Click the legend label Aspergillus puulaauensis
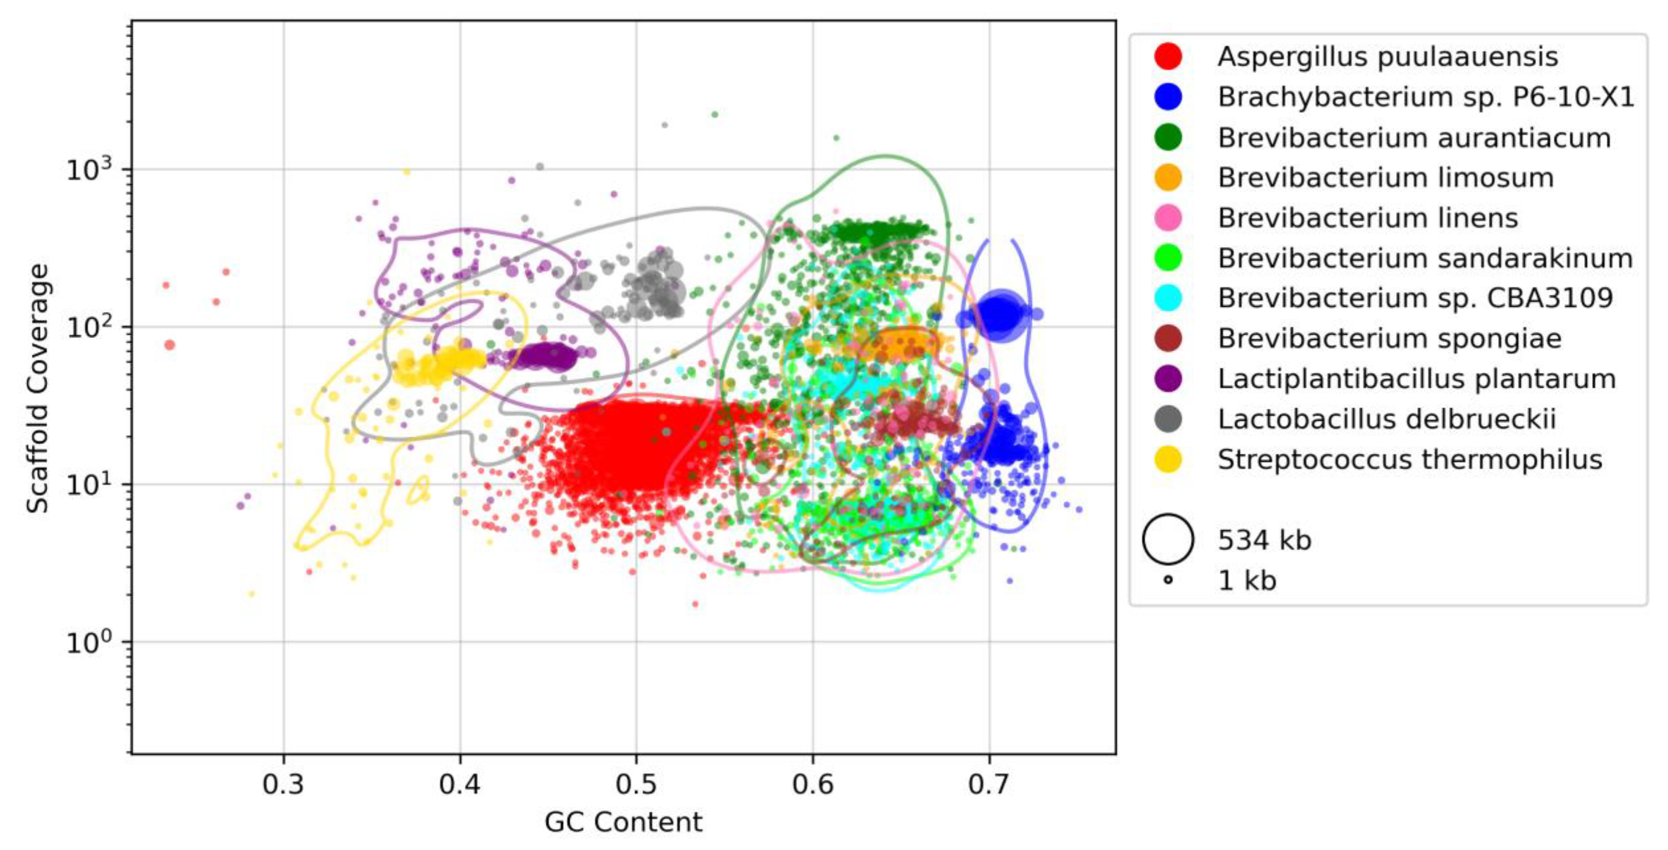(x=1387, y=57)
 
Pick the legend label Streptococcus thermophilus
(x=1409, y=459)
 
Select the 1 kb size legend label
(x=1246, y=580)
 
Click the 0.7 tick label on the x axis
(x=989, y=785)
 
